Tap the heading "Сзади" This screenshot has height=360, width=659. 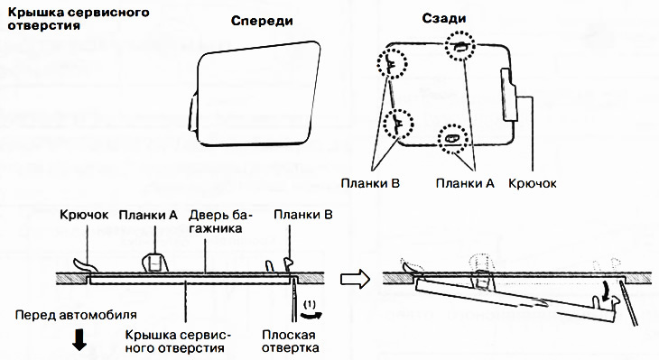pyautogui.click(x=442, y=20)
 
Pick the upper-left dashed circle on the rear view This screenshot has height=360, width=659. pyautogui.click(x=393, y=64)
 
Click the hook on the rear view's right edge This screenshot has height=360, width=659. pyautogui.click(x=509, y=94)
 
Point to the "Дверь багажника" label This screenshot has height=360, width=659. pyautogui.click(x=220, y=223)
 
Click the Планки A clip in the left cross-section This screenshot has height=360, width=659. pyautogui.click(x=154, y=261)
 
